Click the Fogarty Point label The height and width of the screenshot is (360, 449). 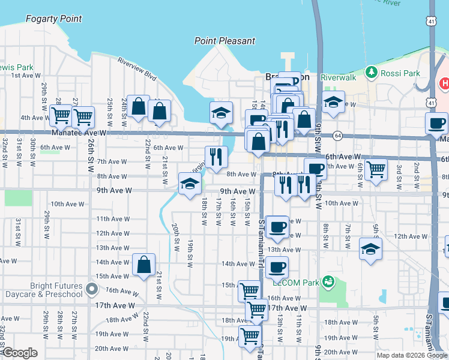53,19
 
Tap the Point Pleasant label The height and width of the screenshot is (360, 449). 224,41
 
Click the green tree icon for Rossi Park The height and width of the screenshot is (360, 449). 371,73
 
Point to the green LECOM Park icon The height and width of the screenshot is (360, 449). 327,280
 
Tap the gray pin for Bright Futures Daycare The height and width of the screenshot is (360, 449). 91,289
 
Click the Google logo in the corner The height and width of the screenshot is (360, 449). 20,353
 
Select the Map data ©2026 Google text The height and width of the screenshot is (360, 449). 411,355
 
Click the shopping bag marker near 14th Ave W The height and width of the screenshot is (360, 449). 144,265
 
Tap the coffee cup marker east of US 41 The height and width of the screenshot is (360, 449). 436,123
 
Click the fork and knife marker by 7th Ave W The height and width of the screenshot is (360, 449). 216,157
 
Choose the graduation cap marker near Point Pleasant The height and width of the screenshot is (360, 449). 221,112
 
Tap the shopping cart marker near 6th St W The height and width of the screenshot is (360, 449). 376,170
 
